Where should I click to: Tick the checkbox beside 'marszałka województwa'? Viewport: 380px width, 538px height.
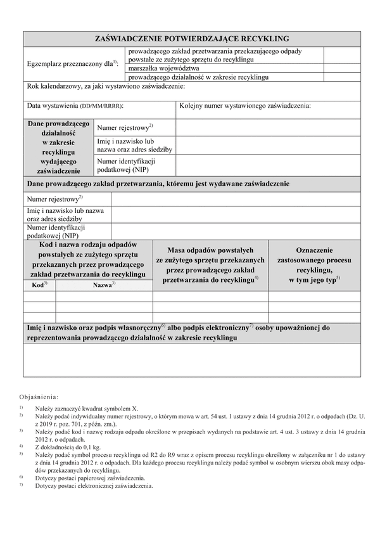(x=343, y=68)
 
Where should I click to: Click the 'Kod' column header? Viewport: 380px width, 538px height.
(x=39, y=285)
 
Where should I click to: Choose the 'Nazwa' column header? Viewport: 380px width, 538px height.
(x=104, y=285)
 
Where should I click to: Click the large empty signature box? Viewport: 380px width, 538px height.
(x=192, y=360)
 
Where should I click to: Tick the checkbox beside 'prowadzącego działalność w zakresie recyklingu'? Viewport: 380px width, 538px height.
(x=343, y=77)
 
